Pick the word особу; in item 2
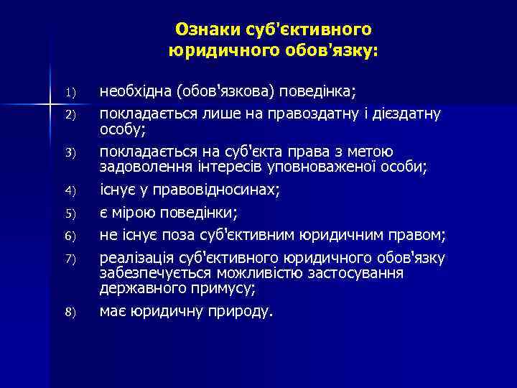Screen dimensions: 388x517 [x=122, y=129]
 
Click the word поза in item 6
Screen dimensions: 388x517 [x=169, y=235]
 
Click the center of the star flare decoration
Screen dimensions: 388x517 [x=50, y=105]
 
